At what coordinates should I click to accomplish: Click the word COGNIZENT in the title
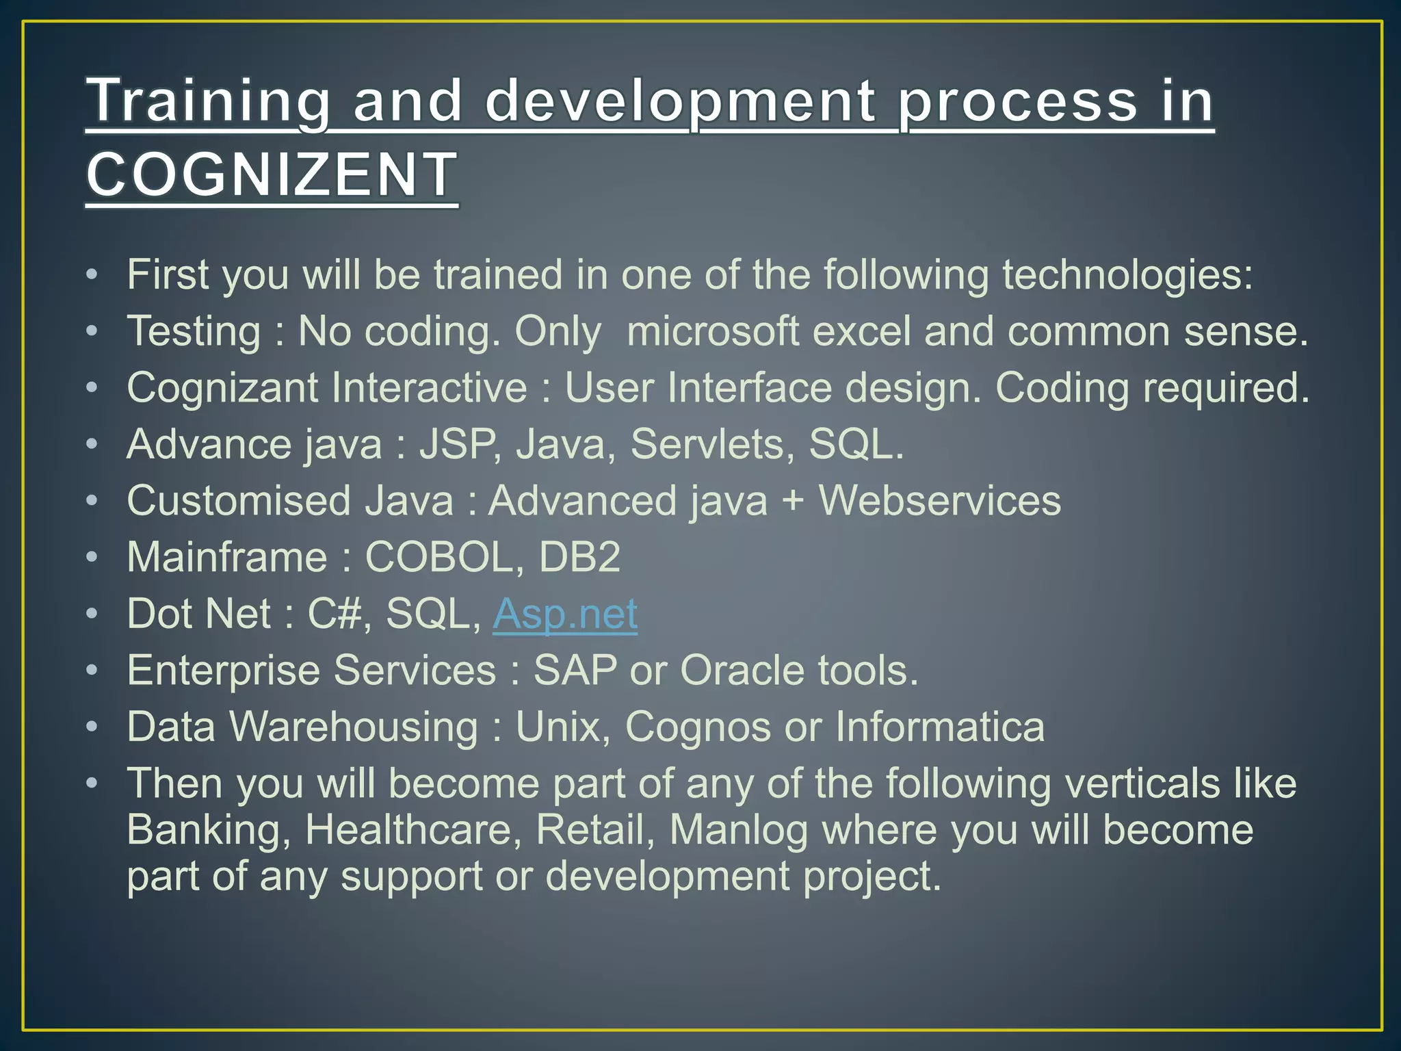(x=272, y=174)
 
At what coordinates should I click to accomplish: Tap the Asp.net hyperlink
(x=565, y=614)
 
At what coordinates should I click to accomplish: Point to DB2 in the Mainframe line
(x=579, y=557)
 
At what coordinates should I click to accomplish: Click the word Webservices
(x=939, y=501)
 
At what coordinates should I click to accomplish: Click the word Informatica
(x=940, y=727)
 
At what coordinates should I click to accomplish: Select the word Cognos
(x=698, y=727)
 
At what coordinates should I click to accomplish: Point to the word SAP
(x=575, y=670)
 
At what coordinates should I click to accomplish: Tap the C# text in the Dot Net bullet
(x=334, y=614)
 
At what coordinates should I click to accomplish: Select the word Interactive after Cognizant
(x=429, y=388)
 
